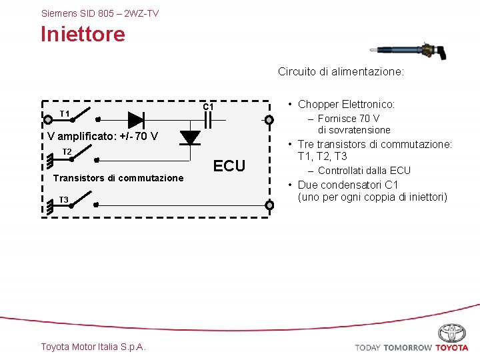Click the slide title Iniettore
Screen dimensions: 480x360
83,34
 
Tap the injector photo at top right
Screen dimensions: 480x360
406,50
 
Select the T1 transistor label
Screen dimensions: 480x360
65,114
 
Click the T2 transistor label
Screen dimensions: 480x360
67,152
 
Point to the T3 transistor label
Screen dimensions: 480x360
63,200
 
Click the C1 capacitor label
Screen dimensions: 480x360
208,107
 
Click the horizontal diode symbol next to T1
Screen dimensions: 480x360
136,120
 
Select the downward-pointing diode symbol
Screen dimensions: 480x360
191,137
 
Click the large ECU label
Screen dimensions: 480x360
229,166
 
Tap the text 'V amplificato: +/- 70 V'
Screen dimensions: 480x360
103,137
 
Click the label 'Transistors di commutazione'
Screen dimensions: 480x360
118,178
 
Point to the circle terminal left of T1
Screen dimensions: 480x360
48,121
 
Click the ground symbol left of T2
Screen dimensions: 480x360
50,160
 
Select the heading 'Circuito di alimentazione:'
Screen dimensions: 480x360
341,72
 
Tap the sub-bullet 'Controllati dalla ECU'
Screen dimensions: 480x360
364,171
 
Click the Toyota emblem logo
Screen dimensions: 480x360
452,333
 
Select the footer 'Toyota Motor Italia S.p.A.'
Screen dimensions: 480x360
93,347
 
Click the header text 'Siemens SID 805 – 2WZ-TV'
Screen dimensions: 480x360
100,13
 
